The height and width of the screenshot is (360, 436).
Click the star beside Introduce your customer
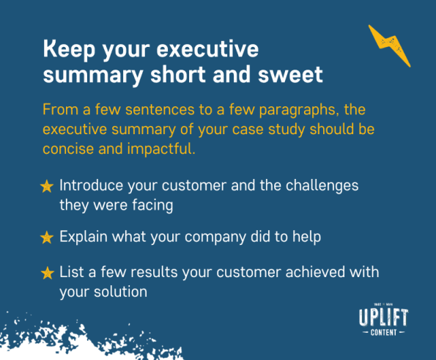point(47,187)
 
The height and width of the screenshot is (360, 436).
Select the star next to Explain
point(47,238)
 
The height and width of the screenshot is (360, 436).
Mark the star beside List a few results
point(47,273)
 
